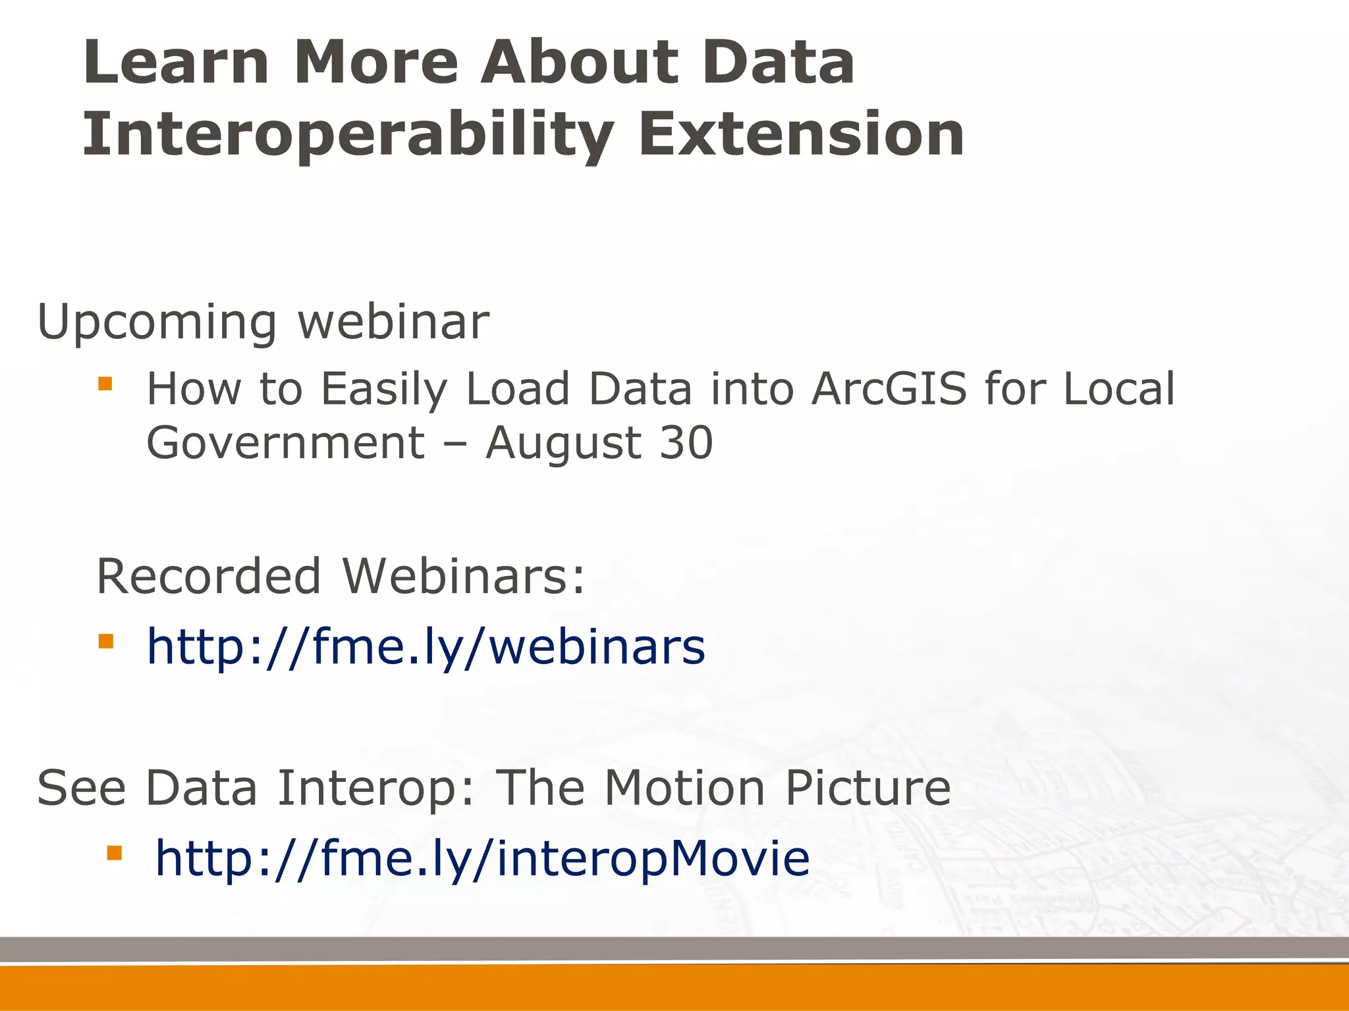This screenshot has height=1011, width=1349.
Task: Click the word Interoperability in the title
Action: (x=348, y=135)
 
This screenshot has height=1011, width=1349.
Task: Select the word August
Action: (x=563, y=444)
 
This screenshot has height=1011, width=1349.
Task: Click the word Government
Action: (x=285, y=442)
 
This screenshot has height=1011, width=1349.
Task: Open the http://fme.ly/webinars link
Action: (x=426, y=648)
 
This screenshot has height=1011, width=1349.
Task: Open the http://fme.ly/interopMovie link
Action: (x=482, y=859)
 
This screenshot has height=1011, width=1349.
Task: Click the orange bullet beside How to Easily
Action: (x=105, y=383)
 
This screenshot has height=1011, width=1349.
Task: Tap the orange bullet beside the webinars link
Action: (x=105, y=640)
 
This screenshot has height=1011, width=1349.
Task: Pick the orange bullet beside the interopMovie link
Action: (x=114, y=853)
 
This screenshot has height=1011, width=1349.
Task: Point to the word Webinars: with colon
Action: (x=464, y=577)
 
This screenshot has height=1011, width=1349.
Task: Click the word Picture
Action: (x=867, y=788)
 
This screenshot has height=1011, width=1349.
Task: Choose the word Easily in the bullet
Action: (x=383, y=390)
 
